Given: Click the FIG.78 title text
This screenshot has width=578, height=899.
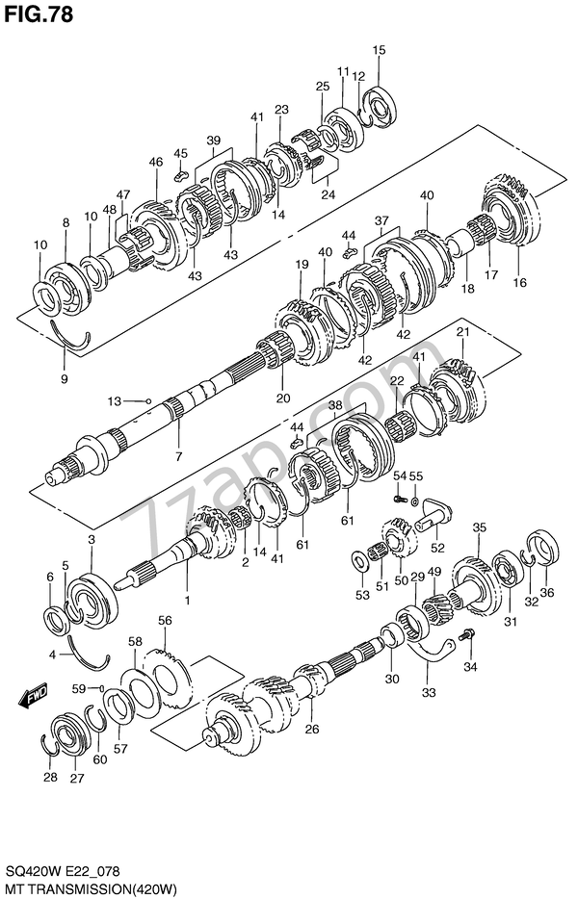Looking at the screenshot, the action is pos(39,14).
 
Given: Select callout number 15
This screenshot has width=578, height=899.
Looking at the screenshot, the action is pos(379,50).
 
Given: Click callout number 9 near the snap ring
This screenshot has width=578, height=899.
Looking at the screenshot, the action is pos(65,378).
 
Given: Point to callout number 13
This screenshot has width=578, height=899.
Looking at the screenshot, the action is pos(114,401).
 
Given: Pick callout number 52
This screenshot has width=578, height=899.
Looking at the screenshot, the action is pos(437,548).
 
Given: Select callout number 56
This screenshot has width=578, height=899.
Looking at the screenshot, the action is pos(165,620).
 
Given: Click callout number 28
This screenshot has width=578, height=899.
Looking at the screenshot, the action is pos(50,777).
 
